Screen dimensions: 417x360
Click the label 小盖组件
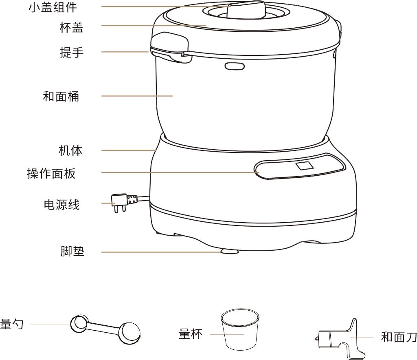tap(53, 7)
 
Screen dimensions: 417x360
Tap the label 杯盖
tap(71, 28)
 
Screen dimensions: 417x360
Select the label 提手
tap(72, 52)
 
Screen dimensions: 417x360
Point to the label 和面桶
tap(61, 96)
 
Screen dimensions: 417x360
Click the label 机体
tap(70, 150)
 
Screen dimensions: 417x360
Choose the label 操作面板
tap(51, 173)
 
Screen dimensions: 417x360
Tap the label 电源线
tap(62, 205)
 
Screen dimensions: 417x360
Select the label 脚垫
tap(72, 251)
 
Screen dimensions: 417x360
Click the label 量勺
tap(12, 324)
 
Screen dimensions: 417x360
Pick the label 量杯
tap(191, 334)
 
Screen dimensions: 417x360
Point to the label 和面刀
tap(399, 337)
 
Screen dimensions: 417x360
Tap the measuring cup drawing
tap(239, 329)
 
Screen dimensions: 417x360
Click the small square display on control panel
tap(305, 166)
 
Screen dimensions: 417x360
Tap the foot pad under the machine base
tap(229, 251)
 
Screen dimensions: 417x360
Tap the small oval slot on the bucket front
tap(235, 66)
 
